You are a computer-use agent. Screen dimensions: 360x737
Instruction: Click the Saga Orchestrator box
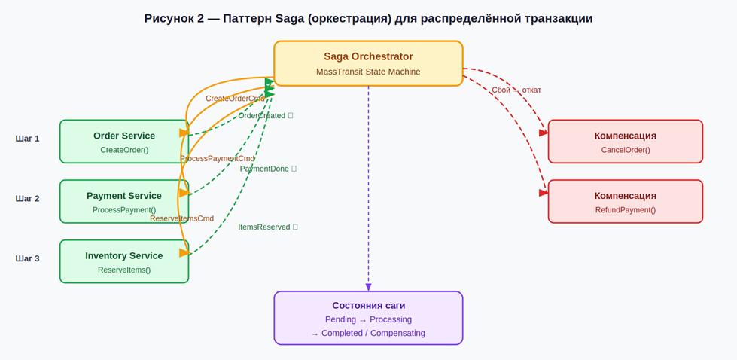click(x=368, y=63)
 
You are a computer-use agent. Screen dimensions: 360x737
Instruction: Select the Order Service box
click(x=124, y=142)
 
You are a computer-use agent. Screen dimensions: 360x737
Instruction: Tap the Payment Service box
click(x=124, y=201)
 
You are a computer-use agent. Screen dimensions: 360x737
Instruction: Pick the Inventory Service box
click(x=124, y=261)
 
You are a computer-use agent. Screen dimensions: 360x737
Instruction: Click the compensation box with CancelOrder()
click(x=625, y=142)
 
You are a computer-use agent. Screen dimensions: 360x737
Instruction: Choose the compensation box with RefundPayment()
click(x=625, y=201)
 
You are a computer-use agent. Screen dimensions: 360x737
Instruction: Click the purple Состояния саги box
click(x=368, y=318)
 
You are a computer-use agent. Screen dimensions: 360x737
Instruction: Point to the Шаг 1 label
click(x=27, y=139)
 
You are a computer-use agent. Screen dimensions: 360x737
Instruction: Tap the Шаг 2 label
click(x=27, y=199)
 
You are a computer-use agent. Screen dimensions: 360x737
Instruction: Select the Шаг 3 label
click(x=27, y=258)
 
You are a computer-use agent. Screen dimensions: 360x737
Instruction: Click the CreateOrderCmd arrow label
click(x=235, y=99)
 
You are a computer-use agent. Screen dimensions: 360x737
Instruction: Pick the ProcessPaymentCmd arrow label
click(x=217, y=159)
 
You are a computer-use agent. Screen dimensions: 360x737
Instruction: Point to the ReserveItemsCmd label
click(x=181, y=218)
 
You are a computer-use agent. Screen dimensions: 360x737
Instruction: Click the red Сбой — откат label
click(x=516, y=90)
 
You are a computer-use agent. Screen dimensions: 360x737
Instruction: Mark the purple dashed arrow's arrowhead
click(x=368, y=287)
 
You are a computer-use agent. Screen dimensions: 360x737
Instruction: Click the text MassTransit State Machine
click(x=368, y=72)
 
